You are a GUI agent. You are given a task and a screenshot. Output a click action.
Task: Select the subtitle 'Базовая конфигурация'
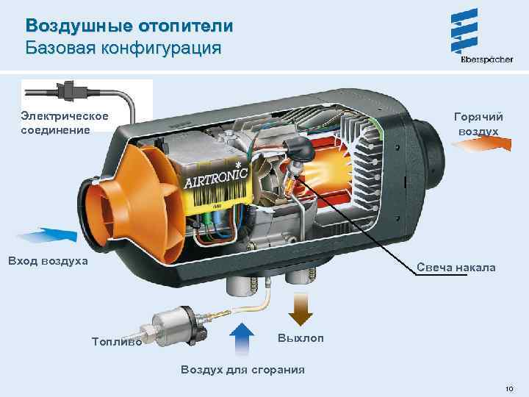tap(123, 49)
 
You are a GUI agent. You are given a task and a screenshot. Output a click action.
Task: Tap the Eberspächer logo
tap(465, 37)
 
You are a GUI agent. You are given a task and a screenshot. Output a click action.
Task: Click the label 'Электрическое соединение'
tap(65, 123)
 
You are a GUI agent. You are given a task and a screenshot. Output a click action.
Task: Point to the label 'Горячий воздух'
tap(478, 124)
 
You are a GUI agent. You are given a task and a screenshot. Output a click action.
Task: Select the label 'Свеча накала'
tap(456, 267)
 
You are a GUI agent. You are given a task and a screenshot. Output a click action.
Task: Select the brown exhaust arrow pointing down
tap(299, 308)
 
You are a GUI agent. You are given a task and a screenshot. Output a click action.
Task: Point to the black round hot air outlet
tap(433, 143)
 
